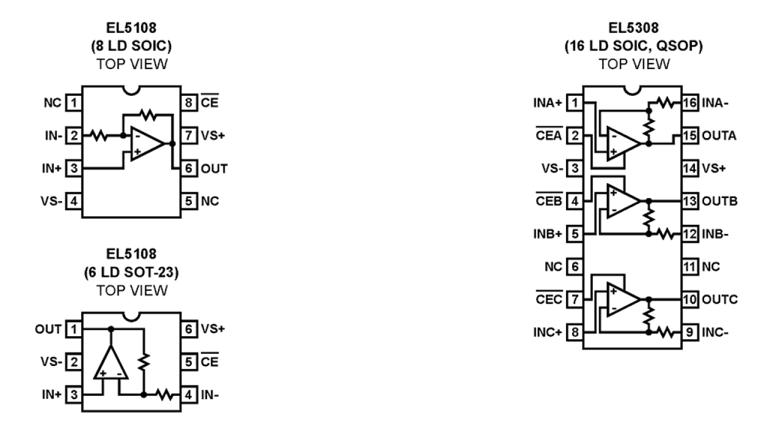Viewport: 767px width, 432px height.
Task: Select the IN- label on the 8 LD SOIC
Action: click(54, 135)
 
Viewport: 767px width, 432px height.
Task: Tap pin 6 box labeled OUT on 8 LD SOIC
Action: click(190, 167)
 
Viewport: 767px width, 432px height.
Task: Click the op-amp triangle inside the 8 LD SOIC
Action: click(145, 144)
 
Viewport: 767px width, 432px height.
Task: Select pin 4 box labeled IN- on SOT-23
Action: click(190, 394)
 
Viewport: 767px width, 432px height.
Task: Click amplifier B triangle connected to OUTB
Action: click(622, 200)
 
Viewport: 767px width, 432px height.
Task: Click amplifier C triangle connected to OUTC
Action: click(622, 299)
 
